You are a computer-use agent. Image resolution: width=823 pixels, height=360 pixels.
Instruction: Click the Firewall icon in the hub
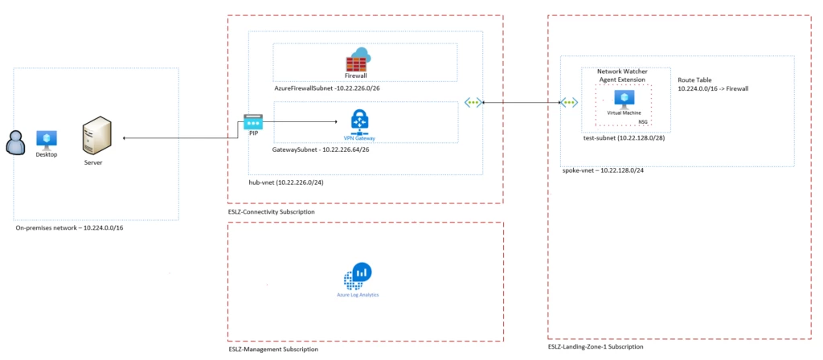[355, 60]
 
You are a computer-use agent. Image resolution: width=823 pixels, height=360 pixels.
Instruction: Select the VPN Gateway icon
[358, 121]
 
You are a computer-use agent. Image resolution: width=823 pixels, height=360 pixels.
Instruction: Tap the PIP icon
[253, 122]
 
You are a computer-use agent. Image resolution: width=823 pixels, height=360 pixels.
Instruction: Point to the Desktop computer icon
[47, 138]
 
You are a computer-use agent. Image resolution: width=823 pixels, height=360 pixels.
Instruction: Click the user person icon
[14, 144]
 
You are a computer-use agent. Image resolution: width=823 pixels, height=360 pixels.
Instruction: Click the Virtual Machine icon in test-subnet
[623, 99]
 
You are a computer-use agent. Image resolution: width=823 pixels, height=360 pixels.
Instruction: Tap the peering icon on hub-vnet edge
[473, 103]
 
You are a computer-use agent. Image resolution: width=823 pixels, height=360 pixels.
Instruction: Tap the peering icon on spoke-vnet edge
[568, 103]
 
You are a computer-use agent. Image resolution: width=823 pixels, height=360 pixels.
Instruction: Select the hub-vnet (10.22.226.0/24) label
[286, 182]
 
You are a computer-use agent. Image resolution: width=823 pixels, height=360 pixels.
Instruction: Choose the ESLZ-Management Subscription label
[273, 350]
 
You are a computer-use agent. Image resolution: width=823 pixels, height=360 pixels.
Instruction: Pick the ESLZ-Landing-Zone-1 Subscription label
[596, 346]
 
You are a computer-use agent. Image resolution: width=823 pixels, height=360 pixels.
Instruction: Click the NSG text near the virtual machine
[643, 121]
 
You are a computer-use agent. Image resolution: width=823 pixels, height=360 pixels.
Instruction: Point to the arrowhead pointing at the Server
[125, 138]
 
